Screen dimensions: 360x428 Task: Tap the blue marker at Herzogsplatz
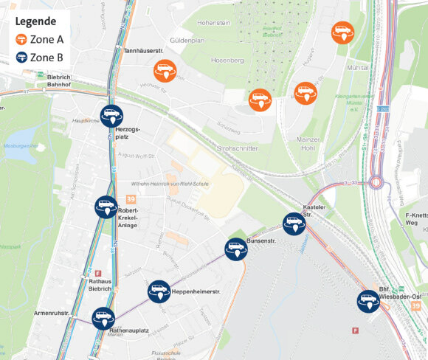[112, 115]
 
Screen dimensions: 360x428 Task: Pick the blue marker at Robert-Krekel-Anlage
[106, 207]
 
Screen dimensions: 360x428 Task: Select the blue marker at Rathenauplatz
[103, 318]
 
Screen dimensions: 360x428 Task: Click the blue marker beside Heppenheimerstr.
[159, 291]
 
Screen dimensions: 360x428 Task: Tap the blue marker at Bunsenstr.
[236, 249]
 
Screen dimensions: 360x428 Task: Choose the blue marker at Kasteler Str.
[294, 224]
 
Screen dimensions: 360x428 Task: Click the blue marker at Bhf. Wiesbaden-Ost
[368, 300]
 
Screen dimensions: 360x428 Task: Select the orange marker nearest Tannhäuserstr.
[165, 71]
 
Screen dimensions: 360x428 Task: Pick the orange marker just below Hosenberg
[259, 100]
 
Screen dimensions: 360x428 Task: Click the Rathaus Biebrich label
[100, 284]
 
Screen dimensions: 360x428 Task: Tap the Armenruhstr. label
[52, 314]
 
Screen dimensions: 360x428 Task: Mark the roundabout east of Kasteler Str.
[376, 182]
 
